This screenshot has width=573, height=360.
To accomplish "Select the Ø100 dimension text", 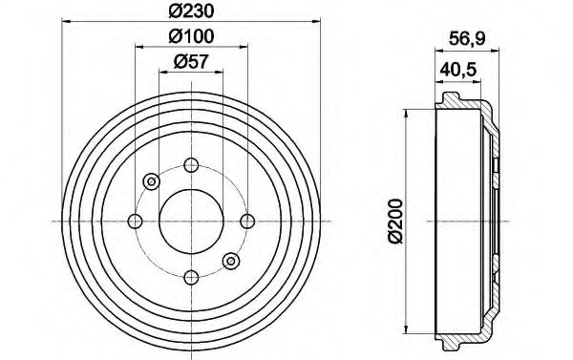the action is coord(191,36).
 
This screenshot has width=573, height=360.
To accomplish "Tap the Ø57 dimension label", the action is coord(191,61).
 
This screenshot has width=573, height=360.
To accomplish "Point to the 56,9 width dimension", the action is coord(467,38).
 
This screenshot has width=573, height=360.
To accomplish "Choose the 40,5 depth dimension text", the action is coord(458,69).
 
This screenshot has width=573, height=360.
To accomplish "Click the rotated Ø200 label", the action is coord(395,221).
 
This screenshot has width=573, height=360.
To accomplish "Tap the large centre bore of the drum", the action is coord(191,222).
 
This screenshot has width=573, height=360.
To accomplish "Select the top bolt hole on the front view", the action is coord(191,165).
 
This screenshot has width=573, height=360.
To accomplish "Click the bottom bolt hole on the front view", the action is coord(191,278).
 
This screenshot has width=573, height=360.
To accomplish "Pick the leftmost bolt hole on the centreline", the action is coord(136,222).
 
